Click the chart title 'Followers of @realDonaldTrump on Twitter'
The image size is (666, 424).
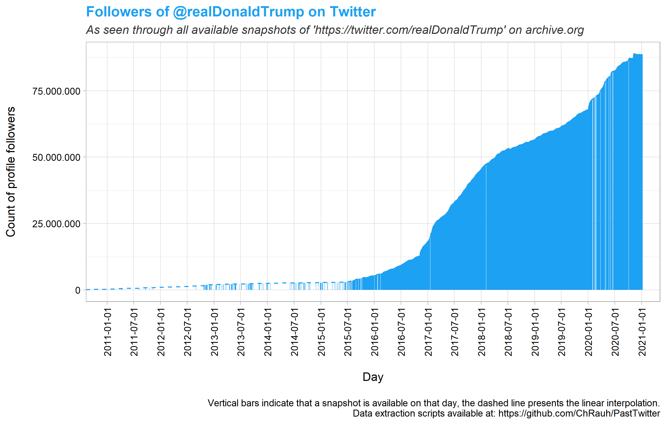click(231, 12)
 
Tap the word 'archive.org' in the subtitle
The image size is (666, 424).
click(554, 30)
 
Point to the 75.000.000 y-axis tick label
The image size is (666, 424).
click(56, 91)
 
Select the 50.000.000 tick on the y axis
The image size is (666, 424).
click(56, 157)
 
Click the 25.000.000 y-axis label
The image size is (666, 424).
click(56, 224)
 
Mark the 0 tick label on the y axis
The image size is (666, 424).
click(78, 290)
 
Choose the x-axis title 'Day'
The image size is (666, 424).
click(373, 377)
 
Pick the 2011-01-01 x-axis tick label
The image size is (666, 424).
click(107, 332)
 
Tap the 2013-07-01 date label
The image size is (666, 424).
click(241, 332)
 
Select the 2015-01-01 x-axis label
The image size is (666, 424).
click(321, 332)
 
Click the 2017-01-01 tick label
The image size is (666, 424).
click(428, 332)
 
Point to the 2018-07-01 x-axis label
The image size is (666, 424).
click(508, 332)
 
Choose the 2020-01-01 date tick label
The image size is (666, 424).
click(588, 332)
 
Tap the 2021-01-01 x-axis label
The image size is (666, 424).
click(642, 332)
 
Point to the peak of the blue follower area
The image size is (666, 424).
click(634, 54)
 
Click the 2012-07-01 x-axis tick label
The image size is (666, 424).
click(187, 332)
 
